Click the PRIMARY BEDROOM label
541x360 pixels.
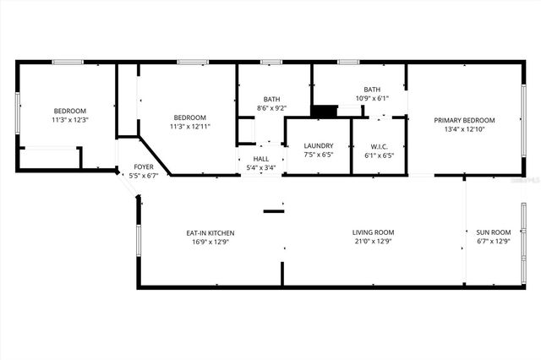(464, 120)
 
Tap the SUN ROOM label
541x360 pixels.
(494, 232)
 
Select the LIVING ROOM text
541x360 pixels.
(373, 232)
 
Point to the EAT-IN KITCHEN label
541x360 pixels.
(210, 232)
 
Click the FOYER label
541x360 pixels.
(144, 167)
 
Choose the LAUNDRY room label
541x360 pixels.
(318, 146)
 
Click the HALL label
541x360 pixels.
(260, 158)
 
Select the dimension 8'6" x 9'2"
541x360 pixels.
(270, 107)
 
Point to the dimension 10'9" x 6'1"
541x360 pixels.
(372, 98)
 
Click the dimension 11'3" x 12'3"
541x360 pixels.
(70, 120)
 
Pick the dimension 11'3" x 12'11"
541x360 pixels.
(190, 126)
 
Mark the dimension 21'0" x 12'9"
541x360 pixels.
(373, 242)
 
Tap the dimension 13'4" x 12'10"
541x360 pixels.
(464, 129)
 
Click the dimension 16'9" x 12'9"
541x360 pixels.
(210, 242)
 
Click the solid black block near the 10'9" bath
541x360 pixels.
(323, 110)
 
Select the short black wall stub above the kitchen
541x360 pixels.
(273, 210)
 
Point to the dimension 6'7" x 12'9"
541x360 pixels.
(494, 242)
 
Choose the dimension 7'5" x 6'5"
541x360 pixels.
(318, 155)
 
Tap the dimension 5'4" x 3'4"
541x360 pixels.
(260, 167)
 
